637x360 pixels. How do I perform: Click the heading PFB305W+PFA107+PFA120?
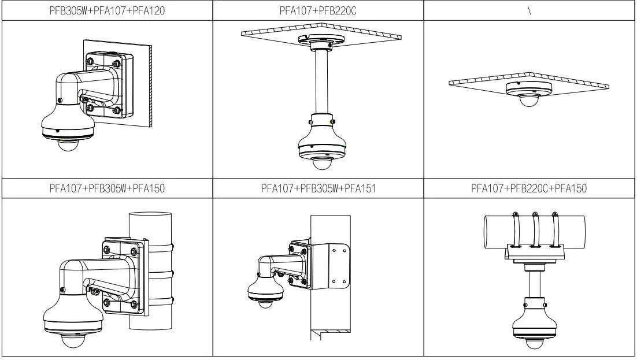[x=108, y=10]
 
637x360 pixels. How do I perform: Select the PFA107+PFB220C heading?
[x=318, y=10]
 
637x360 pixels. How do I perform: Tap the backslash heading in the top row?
[x=529, y=10]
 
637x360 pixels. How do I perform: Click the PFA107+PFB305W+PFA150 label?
[x=108, y=188]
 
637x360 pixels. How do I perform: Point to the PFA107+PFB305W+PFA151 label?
[x=318, y=188]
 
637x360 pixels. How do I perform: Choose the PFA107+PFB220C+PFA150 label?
[x=529, y=188]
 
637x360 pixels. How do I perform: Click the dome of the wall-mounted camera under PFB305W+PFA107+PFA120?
[x=68, y=144]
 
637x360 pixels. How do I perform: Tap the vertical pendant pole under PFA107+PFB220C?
[x=321, y=81]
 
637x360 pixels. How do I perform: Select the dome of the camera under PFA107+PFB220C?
[x=322, y=164]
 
